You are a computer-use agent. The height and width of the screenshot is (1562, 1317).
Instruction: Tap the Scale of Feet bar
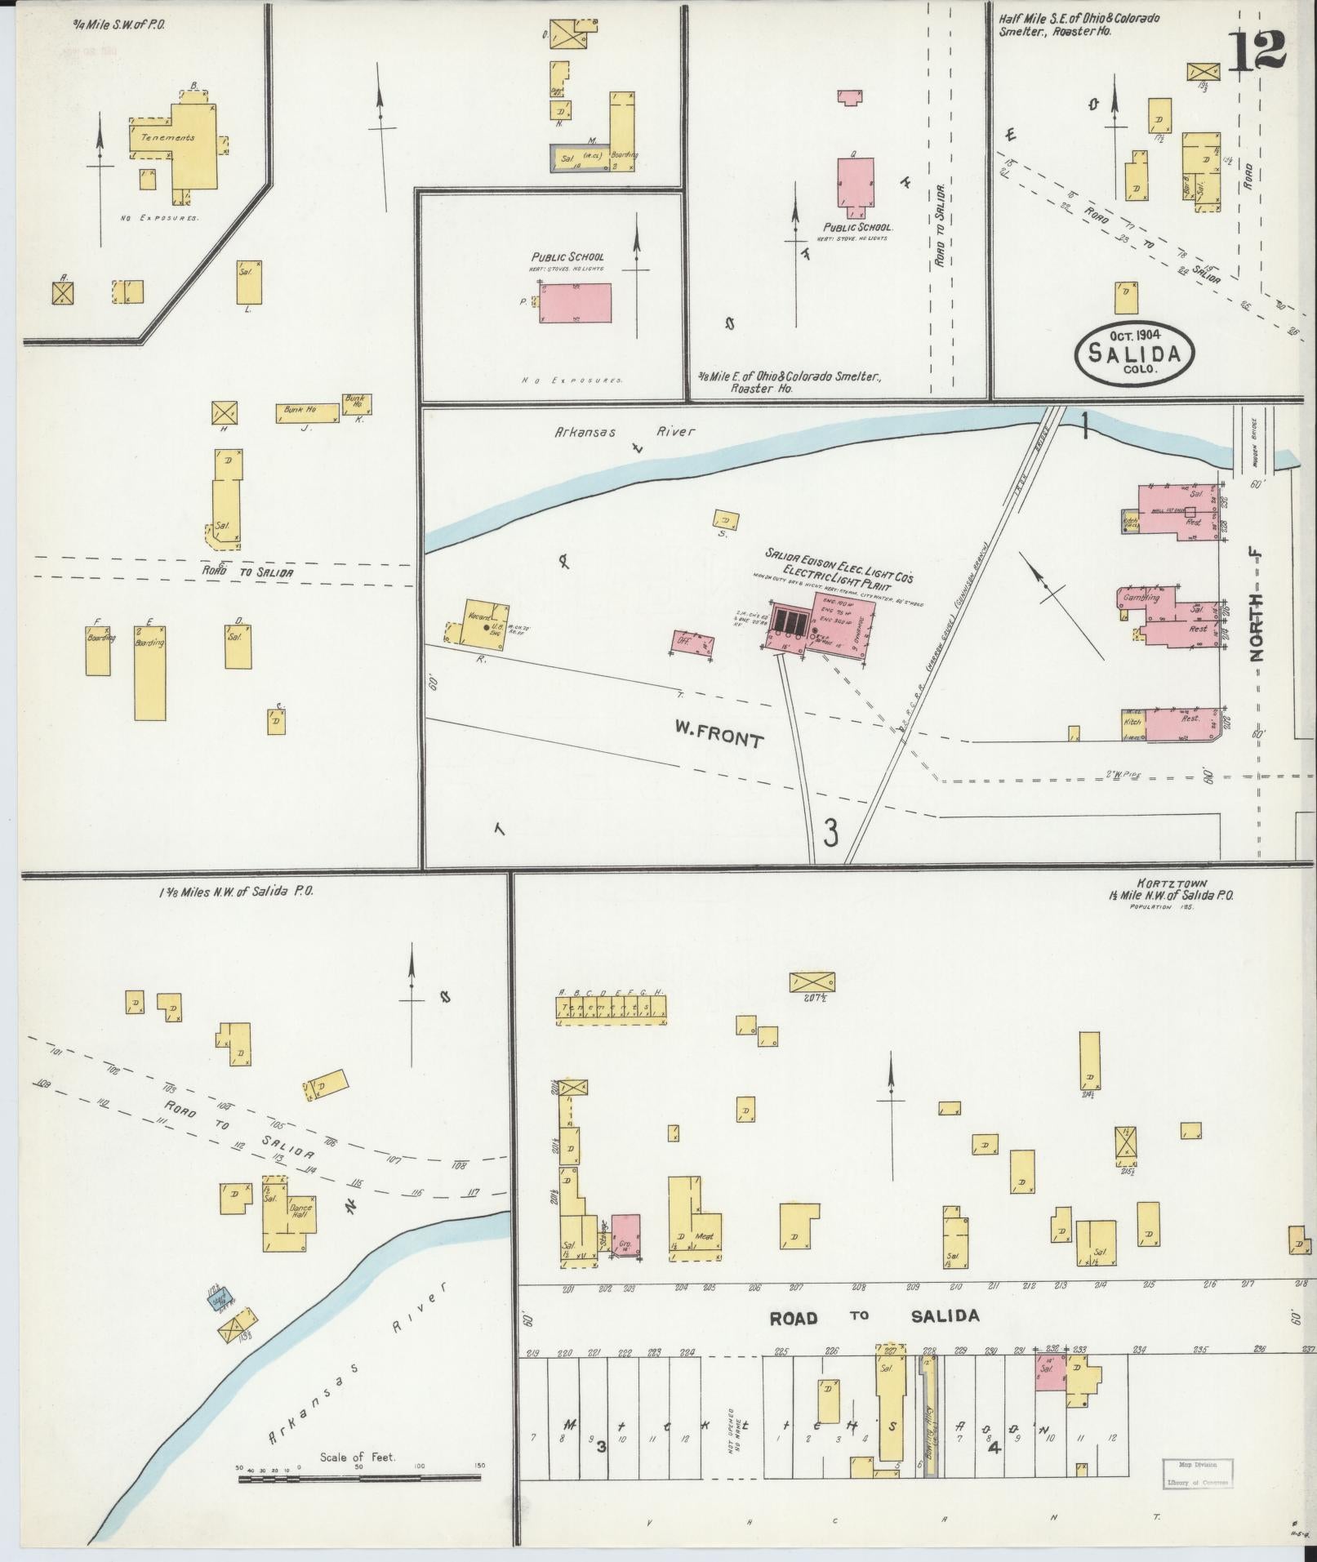359,1478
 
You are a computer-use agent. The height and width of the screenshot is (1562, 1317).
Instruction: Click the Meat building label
702,1236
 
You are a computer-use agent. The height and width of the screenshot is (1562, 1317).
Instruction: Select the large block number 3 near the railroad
830,834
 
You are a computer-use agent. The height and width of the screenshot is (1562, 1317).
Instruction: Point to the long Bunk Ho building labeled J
308,413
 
